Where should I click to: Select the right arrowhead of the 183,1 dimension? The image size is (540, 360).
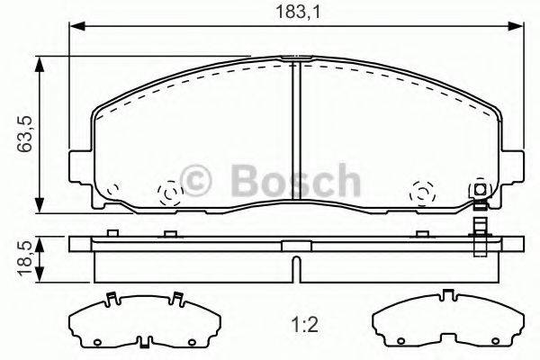tap(523, 28)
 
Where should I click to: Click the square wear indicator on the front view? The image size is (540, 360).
tap(480, 189)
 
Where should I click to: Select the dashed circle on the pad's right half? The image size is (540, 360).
tap(421, 192)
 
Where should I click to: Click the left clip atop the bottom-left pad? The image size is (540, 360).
tap(108, 299)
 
